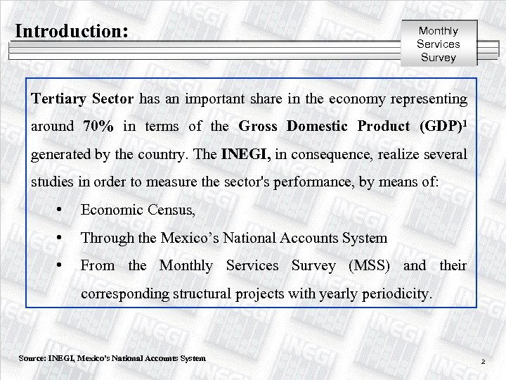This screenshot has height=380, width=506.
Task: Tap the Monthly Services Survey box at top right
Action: pyautogui.click(x=438, y=44)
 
